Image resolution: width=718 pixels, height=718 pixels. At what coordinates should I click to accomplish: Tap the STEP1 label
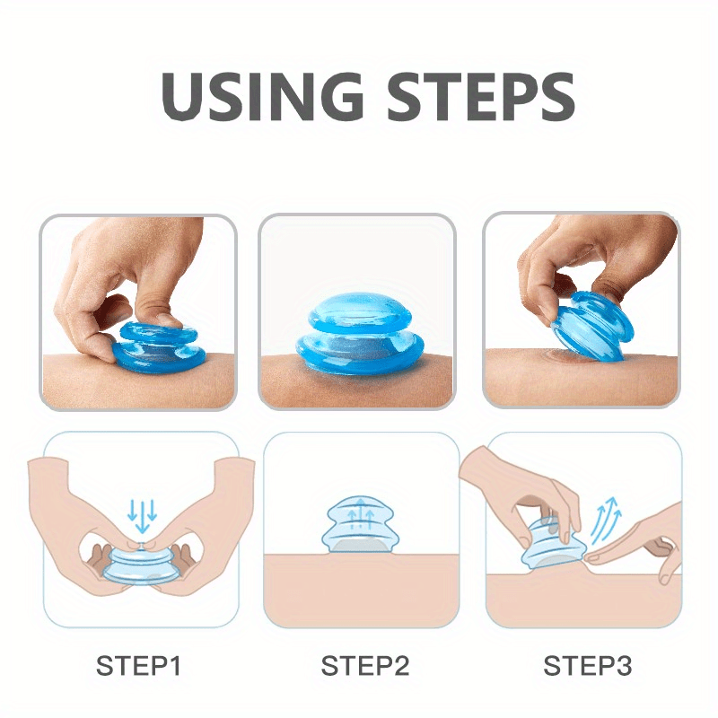pos(139,666)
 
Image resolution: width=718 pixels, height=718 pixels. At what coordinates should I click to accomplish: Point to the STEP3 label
pos(587,666)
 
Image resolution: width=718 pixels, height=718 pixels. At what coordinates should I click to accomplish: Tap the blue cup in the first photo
pos(156,345)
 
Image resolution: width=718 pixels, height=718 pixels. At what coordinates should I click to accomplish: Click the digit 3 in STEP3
pos(623,666)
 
